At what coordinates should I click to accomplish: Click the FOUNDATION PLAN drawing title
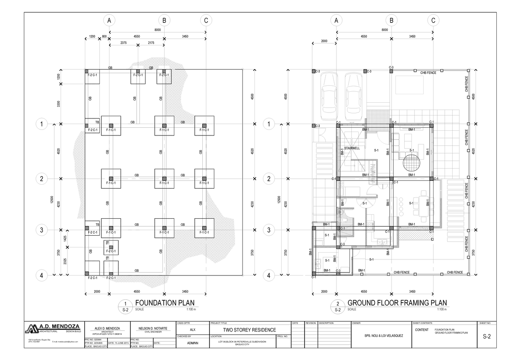[165, 303]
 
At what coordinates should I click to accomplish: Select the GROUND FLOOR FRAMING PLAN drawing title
[397, 303]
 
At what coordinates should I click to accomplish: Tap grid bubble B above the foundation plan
[163, 20]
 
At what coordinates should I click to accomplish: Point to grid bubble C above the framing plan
[433, 20]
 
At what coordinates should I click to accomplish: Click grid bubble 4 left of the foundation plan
[42, 276]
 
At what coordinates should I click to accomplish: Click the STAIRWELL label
[352, 148]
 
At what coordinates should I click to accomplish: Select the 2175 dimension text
[151, 43]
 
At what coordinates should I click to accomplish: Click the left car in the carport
[329, 96]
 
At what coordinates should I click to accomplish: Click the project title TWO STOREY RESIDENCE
[250, 330]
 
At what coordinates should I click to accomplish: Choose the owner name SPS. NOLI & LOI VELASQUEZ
[381, 336]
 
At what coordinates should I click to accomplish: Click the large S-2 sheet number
[487, 337]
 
